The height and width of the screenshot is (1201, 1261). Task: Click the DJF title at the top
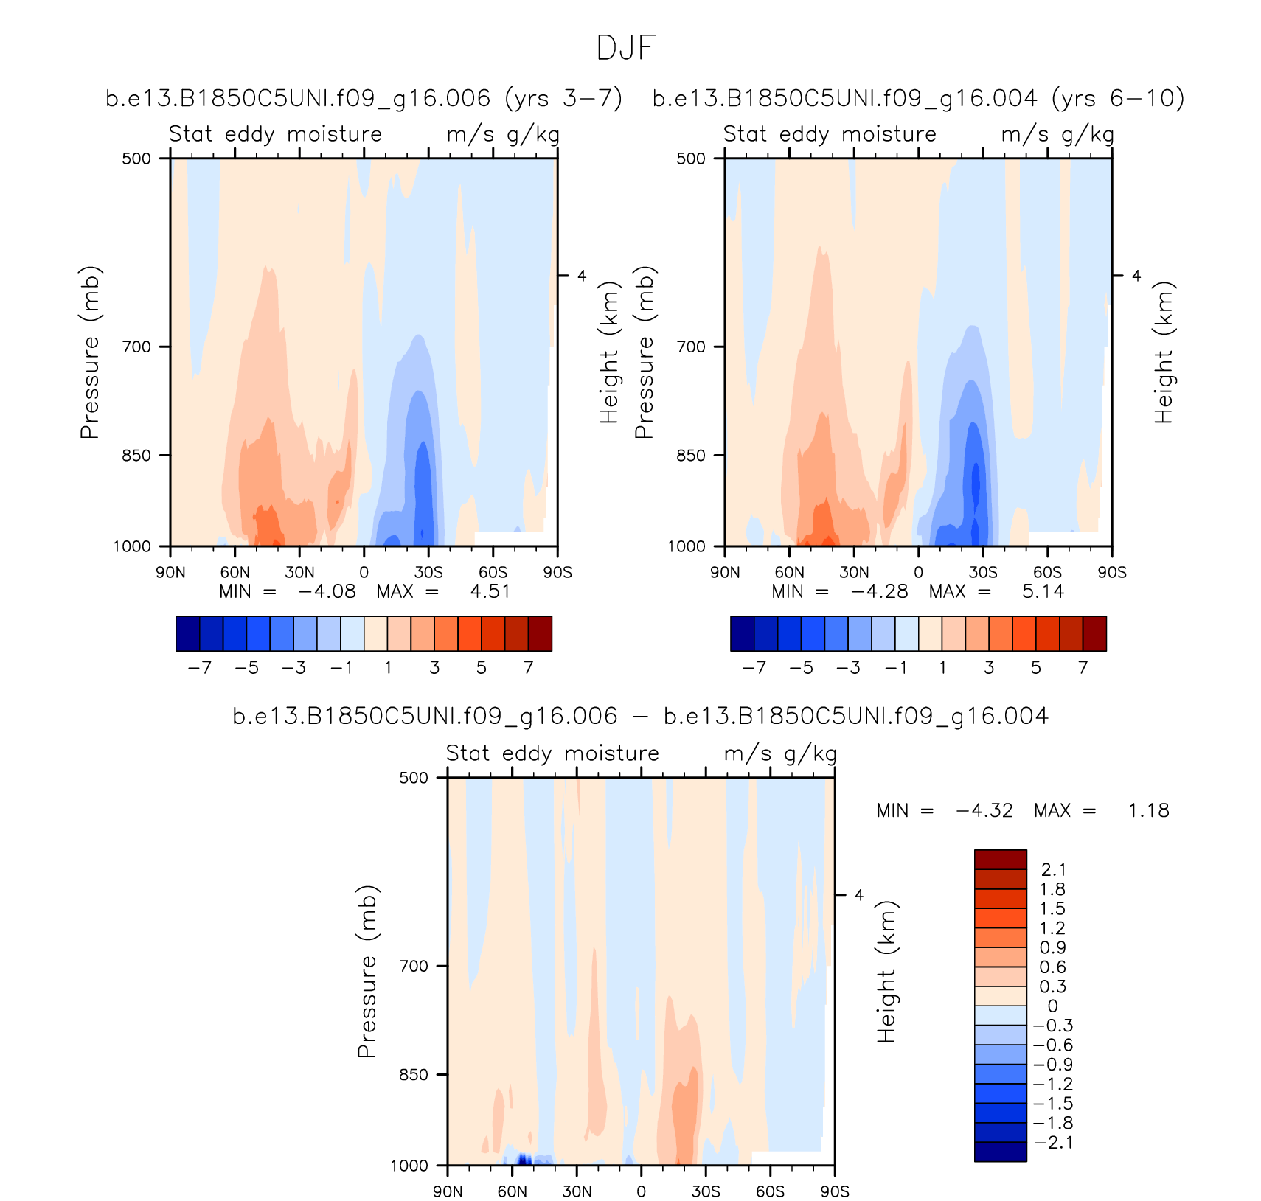625,49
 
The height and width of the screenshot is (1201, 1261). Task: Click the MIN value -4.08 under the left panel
327,591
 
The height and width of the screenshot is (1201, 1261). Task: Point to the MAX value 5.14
1043,591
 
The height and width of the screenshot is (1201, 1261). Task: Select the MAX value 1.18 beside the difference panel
1148,810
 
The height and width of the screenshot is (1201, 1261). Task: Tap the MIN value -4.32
984,810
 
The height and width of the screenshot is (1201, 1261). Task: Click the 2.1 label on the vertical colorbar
1052,870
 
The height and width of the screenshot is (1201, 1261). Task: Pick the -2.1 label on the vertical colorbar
1052,1143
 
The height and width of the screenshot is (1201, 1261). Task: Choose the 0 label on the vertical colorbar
1052,1006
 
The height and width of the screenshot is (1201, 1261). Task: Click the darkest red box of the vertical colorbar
1000,860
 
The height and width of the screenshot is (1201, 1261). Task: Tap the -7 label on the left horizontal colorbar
199,668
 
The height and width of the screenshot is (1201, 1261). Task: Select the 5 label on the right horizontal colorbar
1036,668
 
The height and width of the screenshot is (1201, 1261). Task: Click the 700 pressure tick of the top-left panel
136,347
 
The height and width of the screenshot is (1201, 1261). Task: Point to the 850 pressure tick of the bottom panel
413,1075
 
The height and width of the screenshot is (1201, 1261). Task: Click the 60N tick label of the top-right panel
789,573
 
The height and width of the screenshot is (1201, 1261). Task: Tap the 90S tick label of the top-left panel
557,573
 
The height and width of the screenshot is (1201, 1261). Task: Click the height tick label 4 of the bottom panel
858,895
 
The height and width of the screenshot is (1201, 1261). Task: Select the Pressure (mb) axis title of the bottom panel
367,972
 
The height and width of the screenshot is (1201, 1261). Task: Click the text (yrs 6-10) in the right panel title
1118,98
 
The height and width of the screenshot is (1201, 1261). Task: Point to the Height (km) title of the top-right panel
1163,352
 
